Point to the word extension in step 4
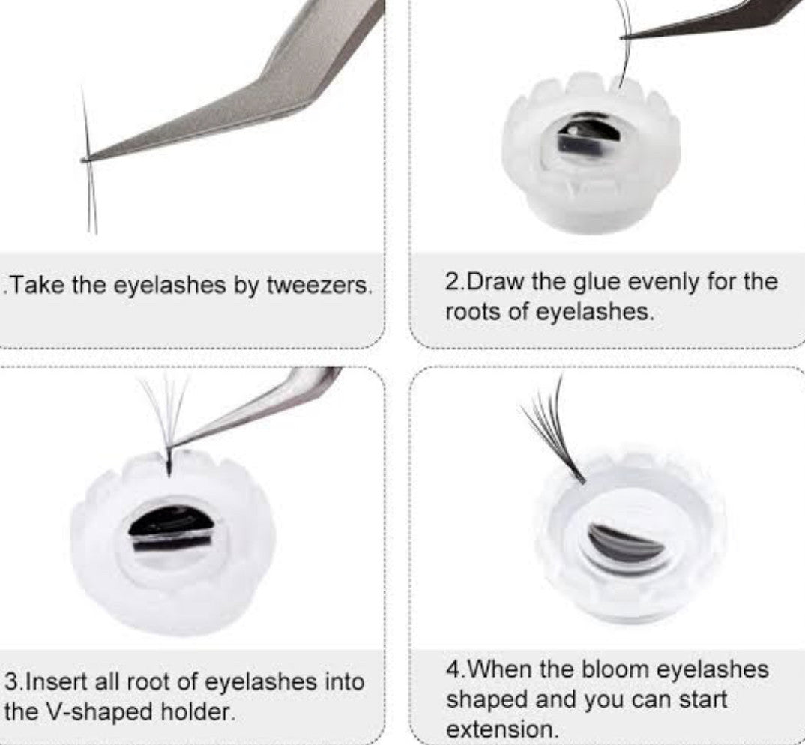(502, 729)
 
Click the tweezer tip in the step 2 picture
(624, 37)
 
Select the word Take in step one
(39, 284)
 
